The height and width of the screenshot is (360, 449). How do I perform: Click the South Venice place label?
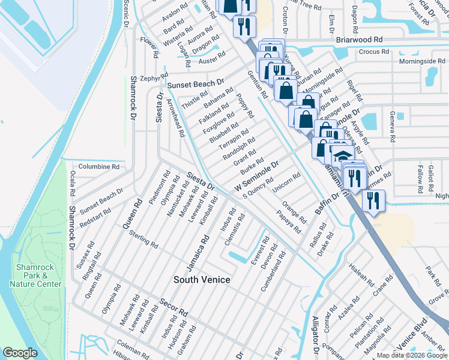pos(202,280)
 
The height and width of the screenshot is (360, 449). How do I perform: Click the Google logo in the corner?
pos(20,353)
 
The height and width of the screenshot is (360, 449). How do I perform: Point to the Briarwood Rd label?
pos(359,39)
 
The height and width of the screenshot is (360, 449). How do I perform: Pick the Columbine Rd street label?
pos(99,166)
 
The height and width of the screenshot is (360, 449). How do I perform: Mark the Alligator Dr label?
pos(315,338)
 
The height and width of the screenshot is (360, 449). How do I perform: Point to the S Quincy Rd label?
pos(258,188)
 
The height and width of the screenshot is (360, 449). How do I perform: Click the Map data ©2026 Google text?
pos(411,355)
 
